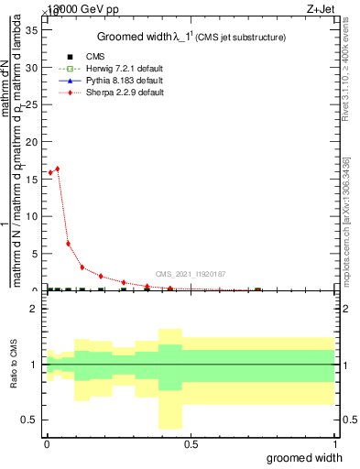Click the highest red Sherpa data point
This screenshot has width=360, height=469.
tap(58, 169)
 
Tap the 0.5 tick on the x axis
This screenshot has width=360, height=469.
tap(190, 443)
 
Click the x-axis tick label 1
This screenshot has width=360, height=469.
tap(333, 443)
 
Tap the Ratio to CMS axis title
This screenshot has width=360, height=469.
tap(15, 365)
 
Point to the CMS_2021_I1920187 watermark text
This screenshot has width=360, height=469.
tap(190, 273)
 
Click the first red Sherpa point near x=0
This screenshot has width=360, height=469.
tap(50, 172)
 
